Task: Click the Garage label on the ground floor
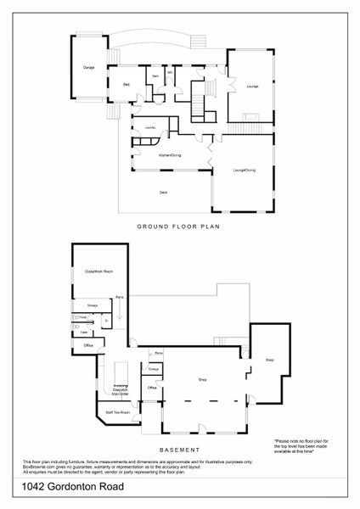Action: (87, 66)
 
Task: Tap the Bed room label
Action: (126, 85)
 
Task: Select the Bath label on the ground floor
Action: (155, 77)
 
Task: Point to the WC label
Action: (170, 72)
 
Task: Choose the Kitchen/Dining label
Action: (171, 155)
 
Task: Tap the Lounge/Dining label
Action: (245, 171)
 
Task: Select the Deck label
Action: (163, 193)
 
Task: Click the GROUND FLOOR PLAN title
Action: (179, 227)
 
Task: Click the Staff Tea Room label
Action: (117, 412)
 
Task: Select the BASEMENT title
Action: (179, 448)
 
